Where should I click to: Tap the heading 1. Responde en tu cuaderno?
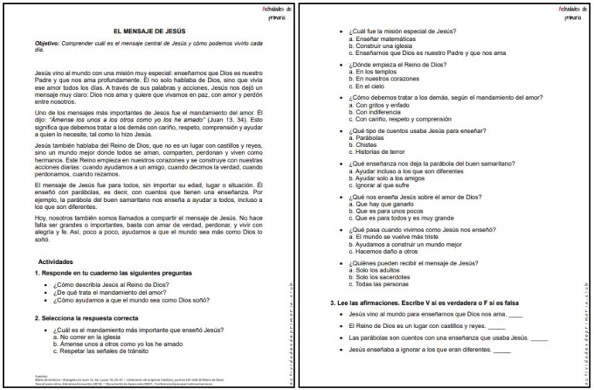tap(113, 273)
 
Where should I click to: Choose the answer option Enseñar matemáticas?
tap(383, 38)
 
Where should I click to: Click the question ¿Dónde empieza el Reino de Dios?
tap(398, 65)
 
